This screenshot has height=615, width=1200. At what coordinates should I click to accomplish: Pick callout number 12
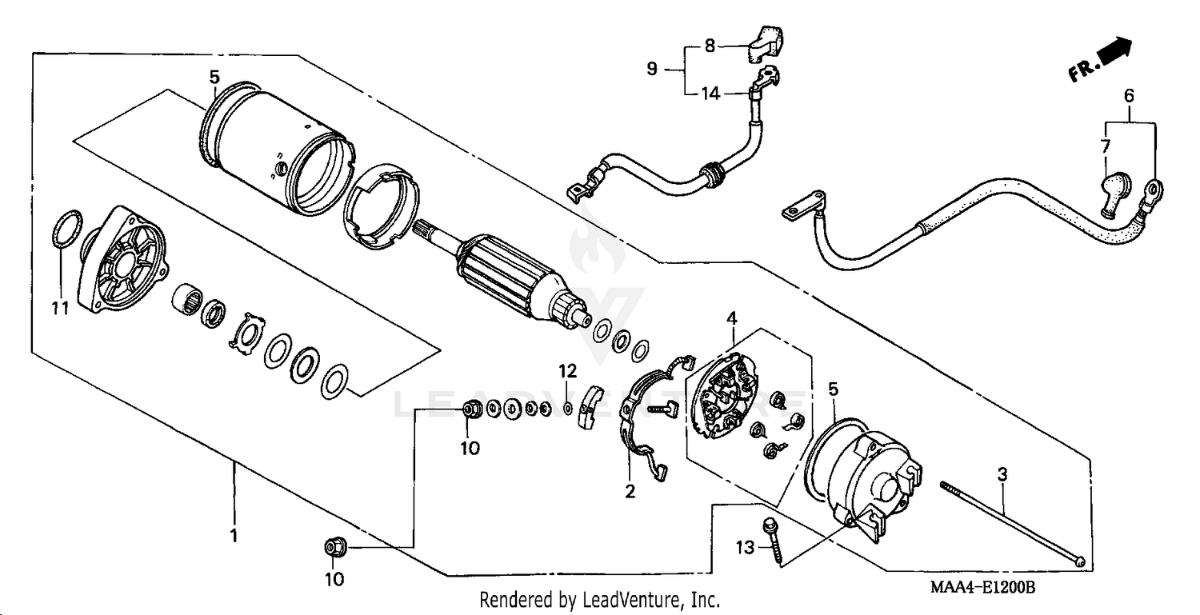tap(567, 371)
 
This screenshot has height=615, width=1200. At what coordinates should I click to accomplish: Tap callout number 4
tap(731, 319)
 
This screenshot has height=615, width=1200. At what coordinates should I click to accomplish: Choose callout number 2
tap(630, 492)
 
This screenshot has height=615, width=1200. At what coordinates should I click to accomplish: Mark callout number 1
tap(234, 536)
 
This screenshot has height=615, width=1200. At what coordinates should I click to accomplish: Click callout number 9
tap(652, 70)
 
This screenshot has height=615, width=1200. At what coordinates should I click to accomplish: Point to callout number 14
tap(710, 94)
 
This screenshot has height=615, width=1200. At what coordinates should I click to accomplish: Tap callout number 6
tap(1129, 95)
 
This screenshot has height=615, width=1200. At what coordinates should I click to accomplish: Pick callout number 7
tap(1106, 146)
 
